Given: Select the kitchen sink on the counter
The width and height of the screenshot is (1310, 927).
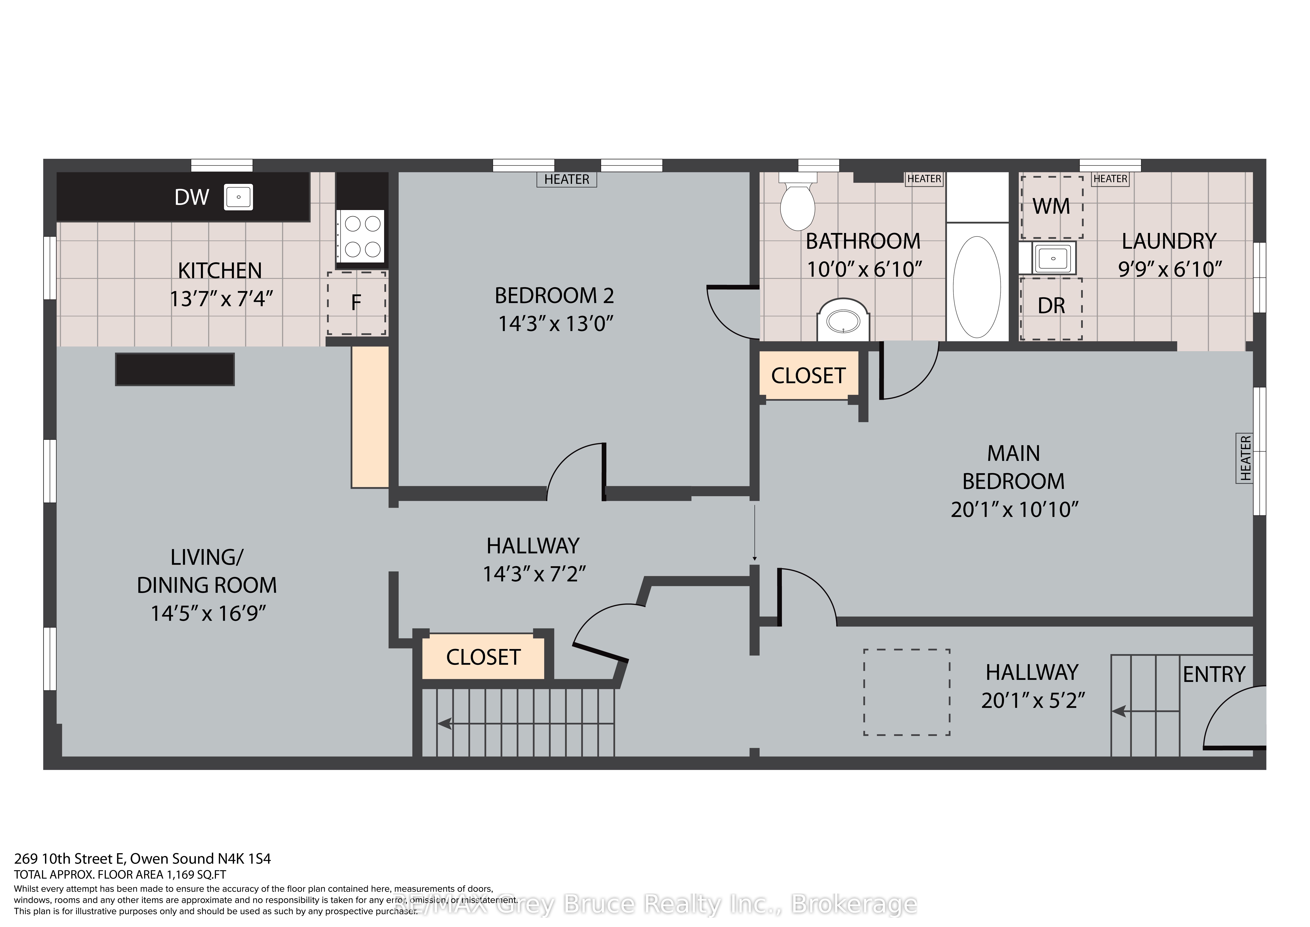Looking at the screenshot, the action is click(x=238, y=197).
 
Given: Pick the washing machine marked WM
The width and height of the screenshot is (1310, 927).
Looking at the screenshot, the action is click(x=1052, y=207).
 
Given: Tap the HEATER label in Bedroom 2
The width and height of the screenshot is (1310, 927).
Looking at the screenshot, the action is click(x=567, y=179).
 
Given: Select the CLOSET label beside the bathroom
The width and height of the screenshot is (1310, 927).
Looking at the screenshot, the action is click(x=808, y=376).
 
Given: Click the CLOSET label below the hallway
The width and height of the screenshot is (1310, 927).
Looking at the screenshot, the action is click(x=483, y=657).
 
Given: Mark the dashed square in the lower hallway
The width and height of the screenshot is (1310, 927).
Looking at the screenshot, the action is click(x=907, y=692).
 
